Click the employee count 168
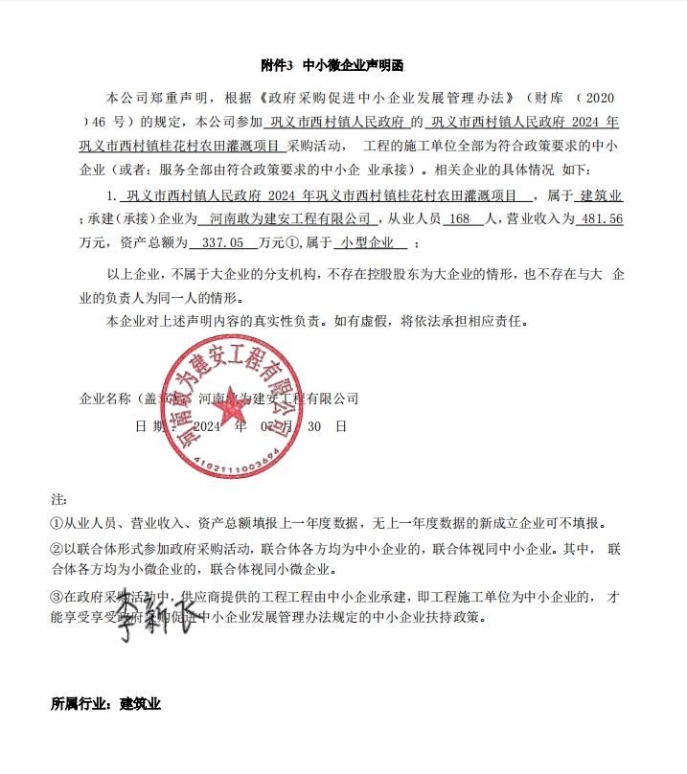pos(459,219)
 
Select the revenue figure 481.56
pos(602,219)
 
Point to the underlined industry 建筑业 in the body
pos(603,195)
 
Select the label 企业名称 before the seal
pos(105,398)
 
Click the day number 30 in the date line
pos(314,426)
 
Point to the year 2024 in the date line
pos(208,426)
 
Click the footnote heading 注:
pos(58,500)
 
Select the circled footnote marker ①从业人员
pos(57,524)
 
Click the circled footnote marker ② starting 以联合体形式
pos(57,549)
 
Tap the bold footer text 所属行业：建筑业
pos(105,704)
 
